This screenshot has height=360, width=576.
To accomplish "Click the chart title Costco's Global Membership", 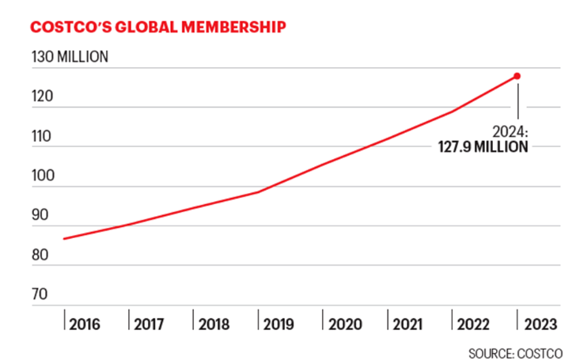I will click(158, 27).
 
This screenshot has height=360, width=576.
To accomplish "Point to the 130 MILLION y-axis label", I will click(70, 58).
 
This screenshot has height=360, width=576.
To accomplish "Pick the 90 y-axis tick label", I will click(40, 215).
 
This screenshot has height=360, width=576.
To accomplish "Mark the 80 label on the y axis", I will click(40, 255).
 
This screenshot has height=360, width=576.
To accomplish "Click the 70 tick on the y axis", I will click(40, 294).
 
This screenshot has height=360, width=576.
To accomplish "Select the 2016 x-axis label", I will click(85, 324).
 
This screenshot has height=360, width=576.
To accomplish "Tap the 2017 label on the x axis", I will click(150, 324).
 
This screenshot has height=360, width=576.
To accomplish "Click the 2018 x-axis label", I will click(214, 324).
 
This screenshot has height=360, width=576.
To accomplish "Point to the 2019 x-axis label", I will click(279, 324).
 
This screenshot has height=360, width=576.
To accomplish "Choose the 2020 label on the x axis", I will click(344, 324).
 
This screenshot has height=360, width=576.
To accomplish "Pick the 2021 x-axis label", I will click(408, 324).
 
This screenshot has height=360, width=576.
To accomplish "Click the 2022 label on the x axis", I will click(473, 324).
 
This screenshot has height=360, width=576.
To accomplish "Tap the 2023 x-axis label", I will click(538, 324).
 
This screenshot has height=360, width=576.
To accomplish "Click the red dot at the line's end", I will click(517, 76).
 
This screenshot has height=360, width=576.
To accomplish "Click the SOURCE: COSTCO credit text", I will click(515, 351).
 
